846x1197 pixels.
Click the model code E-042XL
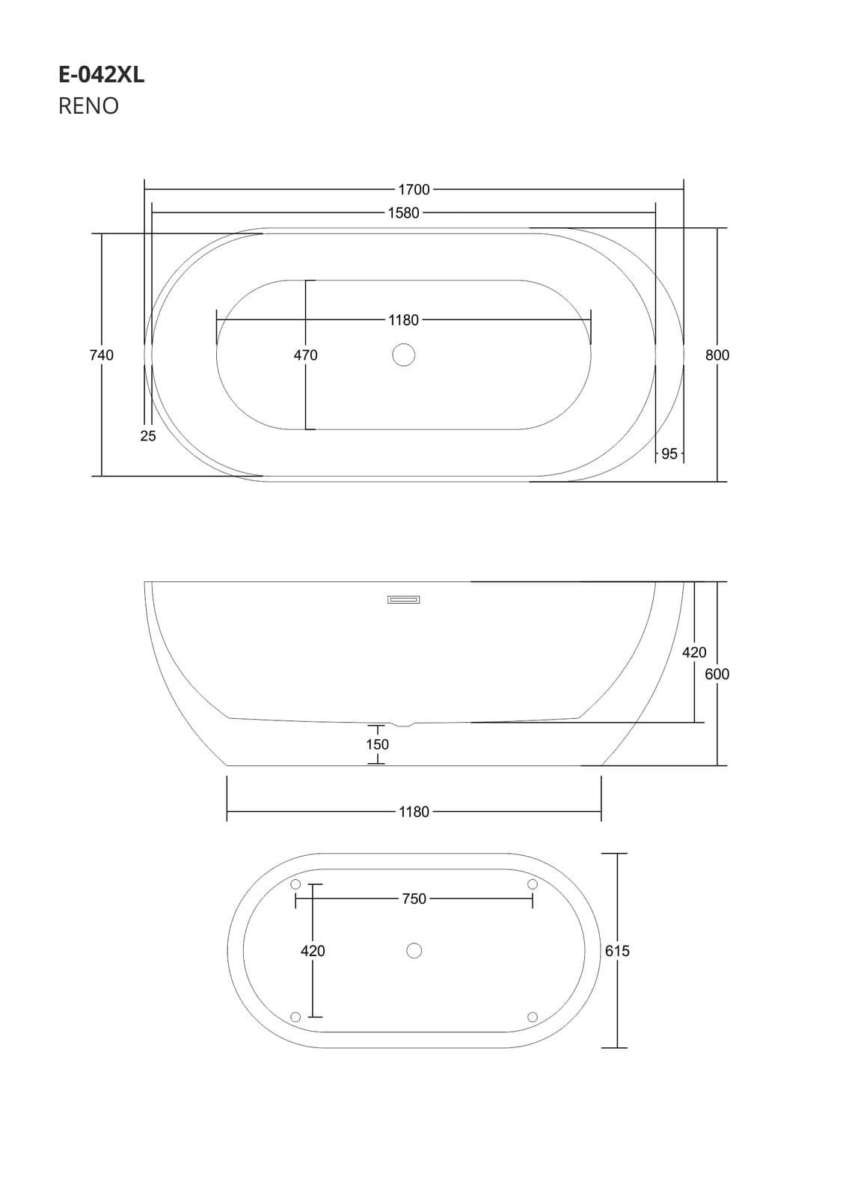[x=101, y=75]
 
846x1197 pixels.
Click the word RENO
[x=88, y=106]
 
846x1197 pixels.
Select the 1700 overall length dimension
[x=414, y=190]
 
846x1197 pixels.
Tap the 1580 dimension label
[x=403, y=213]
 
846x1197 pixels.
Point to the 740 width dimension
[x=102, y=355]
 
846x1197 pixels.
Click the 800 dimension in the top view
[x=717, y=355]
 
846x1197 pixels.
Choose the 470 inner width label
[x=305, y=355]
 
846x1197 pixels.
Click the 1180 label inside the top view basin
[x=403, y=320]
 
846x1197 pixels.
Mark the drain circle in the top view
[x=403, y=355]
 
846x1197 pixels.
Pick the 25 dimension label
[x=148, y=436]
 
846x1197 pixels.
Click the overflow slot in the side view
[x=403, y=599]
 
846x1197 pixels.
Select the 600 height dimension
[x=717, y=674]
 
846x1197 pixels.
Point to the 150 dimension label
[x=377, y=744]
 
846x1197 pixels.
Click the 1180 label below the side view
[x=414, y=812]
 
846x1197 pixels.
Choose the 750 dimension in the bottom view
[x=414, y=899]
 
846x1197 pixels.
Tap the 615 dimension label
[x=617, y=951]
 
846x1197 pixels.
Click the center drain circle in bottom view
[x=414, y=951]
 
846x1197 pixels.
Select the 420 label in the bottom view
[x=313, y=951]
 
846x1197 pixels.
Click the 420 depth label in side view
[x=694, y=652]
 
